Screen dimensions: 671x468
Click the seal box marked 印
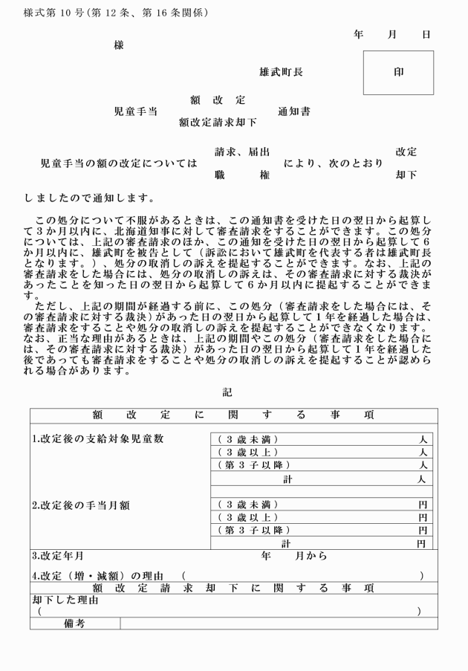pyautogui.click(x=398, y=73)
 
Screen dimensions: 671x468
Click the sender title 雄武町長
pyautogui.click(x=281, y=73)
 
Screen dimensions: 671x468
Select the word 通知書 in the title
pyautogui.click(x=294, y=112)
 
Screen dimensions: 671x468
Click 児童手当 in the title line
pyautogui.click(x=135, y=112)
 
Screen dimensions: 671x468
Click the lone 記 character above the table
pyautogui.click(x=227, y=392)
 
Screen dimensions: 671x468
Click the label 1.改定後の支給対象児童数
pyautogui.click(x=97, y=438)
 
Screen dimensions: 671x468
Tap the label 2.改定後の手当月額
pyautogui.click(x=81, y=505)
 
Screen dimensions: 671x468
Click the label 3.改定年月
pyautogui.click(x=57, y=555)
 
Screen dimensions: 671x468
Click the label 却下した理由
pyautogui.click(x=65, y=600)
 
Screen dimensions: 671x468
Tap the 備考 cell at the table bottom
pyautogui.click(x=74, y=623)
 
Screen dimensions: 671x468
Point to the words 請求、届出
pyautogui.click(x=237, y=152)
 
